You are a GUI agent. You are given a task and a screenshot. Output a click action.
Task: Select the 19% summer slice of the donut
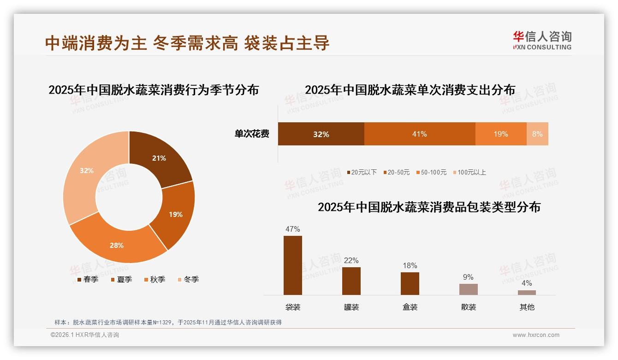point(175,214)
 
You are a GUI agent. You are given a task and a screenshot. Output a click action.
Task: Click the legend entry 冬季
point(188,279)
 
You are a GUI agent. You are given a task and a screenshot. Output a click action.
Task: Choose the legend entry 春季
point(87,279)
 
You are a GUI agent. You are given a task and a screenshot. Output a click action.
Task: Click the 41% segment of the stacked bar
point(419,134)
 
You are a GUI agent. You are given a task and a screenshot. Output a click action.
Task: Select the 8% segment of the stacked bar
point(537,134)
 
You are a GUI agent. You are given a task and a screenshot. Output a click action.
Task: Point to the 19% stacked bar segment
point(500,134)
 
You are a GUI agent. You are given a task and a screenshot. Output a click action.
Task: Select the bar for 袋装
point(293,265)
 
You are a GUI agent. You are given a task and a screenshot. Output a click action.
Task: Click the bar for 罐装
point(351,281)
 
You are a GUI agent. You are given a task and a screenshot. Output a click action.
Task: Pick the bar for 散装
point(468,289)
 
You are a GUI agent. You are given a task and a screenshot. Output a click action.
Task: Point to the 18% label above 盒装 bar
point(410,265)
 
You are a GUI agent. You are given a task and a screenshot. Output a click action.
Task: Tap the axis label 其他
point(527,307)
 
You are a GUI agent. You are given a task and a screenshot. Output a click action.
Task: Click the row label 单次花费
point(252,134)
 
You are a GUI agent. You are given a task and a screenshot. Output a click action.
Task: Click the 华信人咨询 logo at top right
point(542,40)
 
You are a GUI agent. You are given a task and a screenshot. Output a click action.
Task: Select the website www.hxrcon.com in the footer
point(536,335)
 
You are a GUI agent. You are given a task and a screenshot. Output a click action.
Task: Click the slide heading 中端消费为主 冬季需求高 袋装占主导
point(187,43)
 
